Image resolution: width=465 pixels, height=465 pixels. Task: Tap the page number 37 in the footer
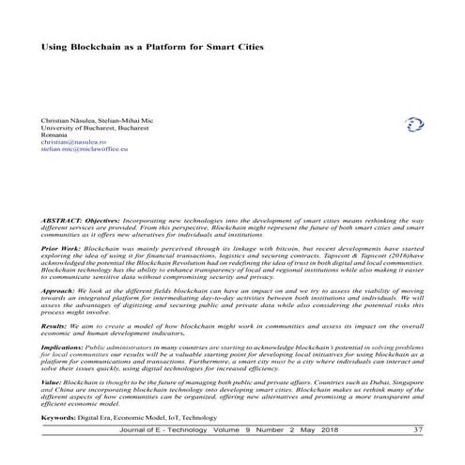[417, 430]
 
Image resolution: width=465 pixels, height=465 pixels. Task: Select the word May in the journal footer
[309, 430]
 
